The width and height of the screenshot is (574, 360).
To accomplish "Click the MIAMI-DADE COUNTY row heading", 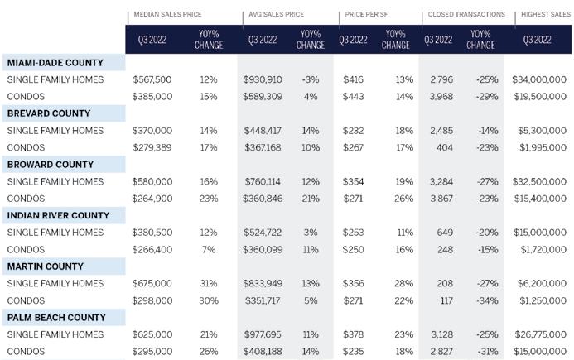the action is (x=55, y=63).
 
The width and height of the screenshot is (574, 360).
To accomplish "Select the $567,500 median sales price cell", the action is (x=152, y=79).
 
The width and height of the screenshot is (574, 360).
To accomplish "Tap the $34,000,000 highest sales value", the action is (x=539, y=79).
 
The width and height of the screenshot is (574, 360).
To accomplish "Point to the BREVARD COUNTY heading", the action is (x=49, y=113).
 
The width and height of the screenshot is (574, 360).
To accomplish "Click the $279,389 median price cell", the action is (x=152, y=147).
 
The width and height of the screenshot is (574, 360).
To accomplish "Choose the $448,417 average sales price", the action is (x=263, y=131).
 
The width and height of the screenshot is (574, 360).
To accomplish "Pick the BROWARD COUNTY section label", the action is (x=51, y=165).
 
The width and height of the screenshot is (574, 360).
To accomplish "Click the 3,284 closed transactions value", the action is (x=441, y=181).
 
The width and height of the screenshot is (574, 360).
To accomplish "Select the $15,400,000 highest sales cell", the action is (x=540, y=199).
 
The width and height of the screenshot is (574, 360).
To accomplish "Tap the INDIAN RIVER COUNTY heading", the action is (x=58, y=215).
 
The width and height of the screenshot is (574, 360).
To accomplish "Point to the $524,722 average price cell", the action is (x=263, y=233).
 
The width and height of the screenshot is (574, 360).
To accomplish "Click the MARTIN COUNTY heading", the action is (x=46, y=266).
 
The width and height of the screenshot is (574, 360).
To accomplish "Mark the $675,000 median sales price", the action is (x=152, y=283).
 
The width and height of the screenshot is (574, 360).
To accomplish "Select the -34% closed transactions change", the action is (x=487, y=300).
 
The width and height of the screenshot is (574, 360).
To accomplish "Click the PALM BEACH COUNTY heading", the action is (x=56, y=318).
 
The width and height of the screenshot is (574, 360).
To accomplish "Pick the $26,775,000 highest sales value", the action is (x=541, y=334).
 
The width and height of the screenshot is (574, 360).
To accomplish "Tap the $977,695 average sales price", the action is (x=263, y=334).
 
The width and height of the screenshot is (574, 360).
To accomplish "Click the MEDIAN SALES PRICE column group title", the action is (x=167, y=14).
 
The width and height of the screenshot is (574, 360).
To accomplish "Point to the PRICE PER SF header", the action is (x=366, y=14).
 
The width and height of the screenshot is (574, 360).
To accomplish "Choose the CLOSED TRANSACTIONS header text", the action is (x=466, y=14).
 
